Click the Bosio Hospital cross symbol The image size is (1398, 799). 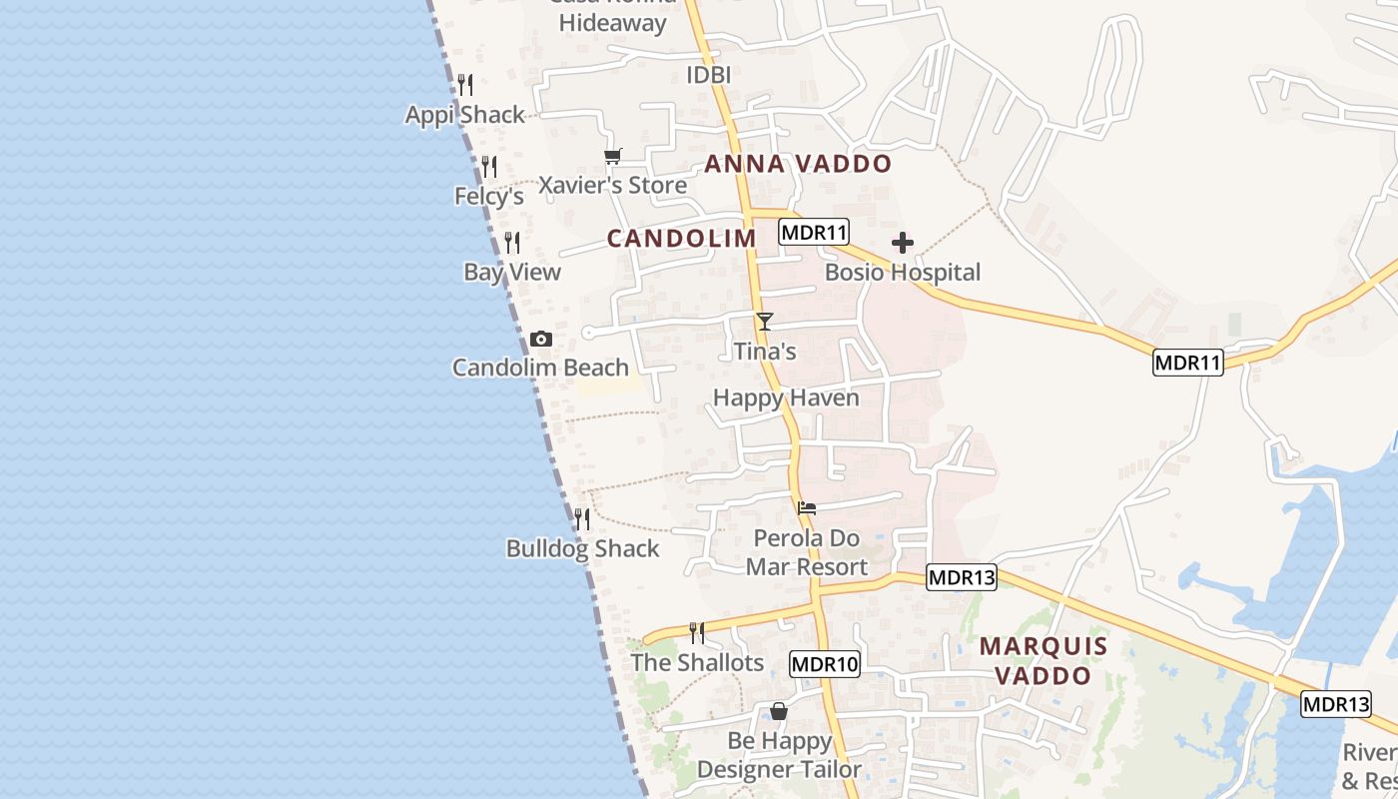click(903, 243)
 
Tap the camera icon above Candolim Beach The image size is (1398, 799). click(541, 340)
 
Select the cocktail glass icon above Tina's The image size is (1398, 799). click(765, 322)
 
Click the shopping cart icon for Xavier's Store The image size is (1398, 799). click(612, 156)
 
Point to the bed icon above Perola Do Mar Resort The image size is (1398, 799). click(807, 508)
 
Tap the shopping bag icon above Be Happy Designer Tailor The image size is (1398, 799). click(779, 711)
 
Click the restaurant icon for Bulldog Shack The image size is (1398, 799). click(582, 519)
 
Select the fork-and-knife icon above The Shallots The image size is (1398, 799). click(697, 633)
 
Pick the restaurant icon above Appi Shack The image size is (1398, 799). click(465, 85)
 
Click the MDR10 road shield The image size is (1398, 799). click(825, 664)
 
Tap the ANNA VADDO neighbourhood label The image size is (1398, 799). click(798, 164)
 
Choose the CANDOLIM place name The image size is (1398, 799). click(682, 238)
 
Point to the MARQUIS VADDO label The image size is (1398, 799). click(1044, 660)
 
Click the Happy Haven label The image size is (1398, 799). click(786, 398)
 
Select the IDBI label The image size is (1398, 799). click(709, 75)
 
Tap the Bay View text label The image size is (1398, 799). click(512, 272)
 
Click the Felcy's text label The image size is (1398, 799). click(489, 196)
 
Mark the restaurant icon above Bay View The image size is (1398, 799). click(512, 243)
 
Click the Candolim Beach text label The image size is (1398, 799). click(540, 368)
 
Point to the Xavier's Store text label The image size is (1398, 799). click(613, 185)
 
